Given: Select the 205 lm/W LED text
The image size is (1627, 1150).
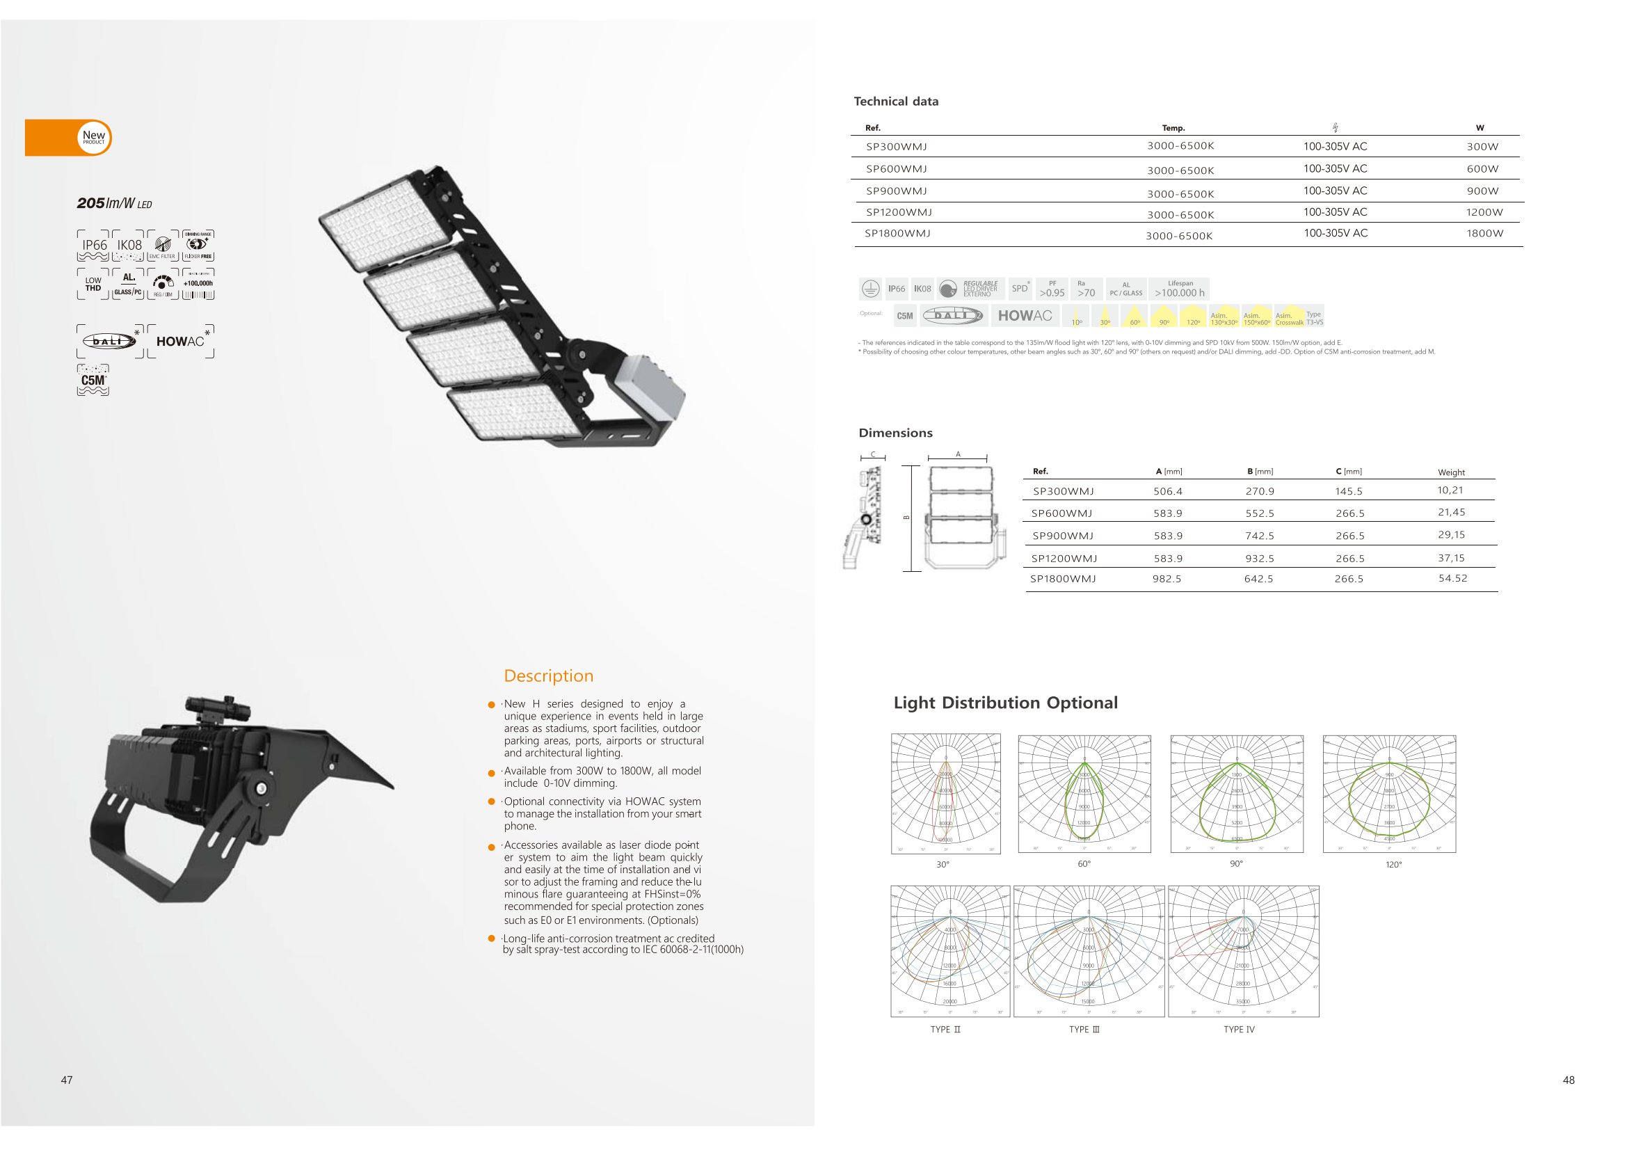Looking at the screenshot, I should click(114, 203).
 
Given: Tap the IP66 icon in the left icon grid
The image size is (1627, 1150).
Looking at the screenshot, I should click(93, 245).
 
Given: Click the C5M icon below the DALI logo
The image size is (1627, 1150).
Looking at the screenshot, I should click(93, 381).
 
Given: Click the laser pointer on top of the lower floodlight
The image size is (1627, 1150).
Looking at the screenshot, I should click(217, 707).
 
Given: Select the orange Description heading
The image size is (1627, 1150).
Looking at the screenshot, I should click(548, 676).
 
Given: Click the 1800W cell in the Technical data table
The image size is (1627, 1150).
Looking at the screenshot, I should click(1484, 233).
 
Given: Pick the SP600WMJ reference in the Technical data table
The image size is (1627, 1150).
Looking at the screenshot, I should click(897, 168).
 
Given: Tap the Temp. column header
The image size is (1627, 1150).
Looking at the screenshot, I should click(1173, 128).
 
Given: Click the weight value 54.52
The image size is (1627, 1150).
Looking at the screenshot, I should click(1452, 578).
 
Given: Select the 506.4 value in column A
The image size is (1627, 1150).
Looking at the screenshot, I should click(1167, 491).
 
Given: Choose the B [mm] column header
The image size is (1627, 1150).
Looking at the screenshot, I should click(1260, 471).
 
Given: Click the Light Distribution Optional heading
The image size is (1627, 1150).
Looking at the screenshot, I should click(1005, 703).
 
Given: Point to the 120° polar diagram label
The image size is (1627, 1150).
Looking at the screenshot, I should click(1393, 865).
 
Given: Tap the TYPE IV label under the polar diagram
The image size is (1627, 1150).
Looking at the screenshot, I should click(1239, 1030).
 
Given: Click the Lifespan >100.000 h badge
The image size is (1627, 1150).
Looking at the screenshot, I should click(1179, 289).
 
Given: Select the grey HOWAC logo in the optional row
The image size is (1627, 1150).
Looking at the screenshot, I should click(1025, 316).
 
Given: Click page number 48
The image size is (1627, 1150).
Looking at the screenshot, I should click(1568, 1080).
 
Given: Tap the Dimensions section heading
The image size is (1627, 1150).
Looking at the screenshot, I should click(895, 433).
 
